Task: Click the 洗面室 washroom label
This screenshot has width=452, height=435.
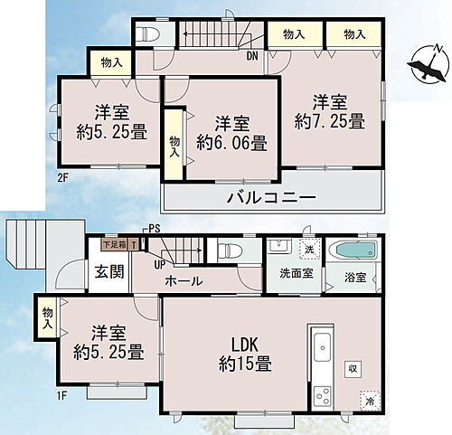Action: pyautogui.click(x=295, y=274)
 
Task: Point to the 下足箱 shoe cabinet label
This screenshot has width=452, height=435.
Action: pyautogui.click(x=113, y=242)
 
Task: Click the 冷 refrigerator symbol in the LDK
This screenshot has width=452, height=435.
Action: pyautogui.click(x=369, y=397)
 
